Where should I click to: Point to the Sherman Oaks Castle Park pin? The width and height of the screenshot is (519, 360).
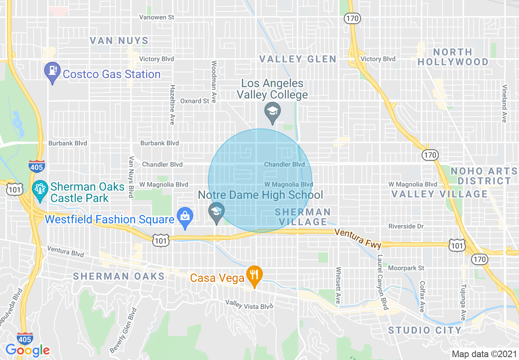tap(40, 191)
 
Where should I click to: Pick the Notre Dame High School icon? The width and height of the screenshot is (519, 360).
tap(217, 213)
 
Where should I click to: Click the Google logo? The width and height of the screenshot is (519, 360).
tap(27, 350)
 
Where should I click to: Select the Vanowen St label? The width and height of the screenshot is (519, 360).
tap(157, 17)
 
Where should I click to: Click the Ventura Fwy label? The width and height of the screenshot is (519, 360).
tap(358, 238)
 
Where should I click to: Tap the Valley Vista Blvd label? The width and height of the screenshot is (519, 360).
tap(249, 304)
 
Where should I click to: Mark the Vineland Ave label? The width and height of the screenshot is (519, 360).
tap(505, 103)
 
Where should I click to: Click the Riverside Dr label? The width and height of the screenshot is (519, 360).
tap(406, 226)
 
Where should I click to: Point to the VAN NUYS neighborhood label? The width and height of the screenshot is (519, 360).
tap(119, 40)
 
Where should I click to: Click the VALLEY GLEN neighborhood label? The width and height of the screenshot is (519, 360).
tap(298, 59)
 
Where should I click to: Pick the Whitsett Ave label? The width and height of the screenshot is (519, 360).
tap(338, 283)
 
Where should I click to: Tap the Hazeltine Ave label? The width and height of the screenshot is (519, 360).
tap(172, 105)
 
